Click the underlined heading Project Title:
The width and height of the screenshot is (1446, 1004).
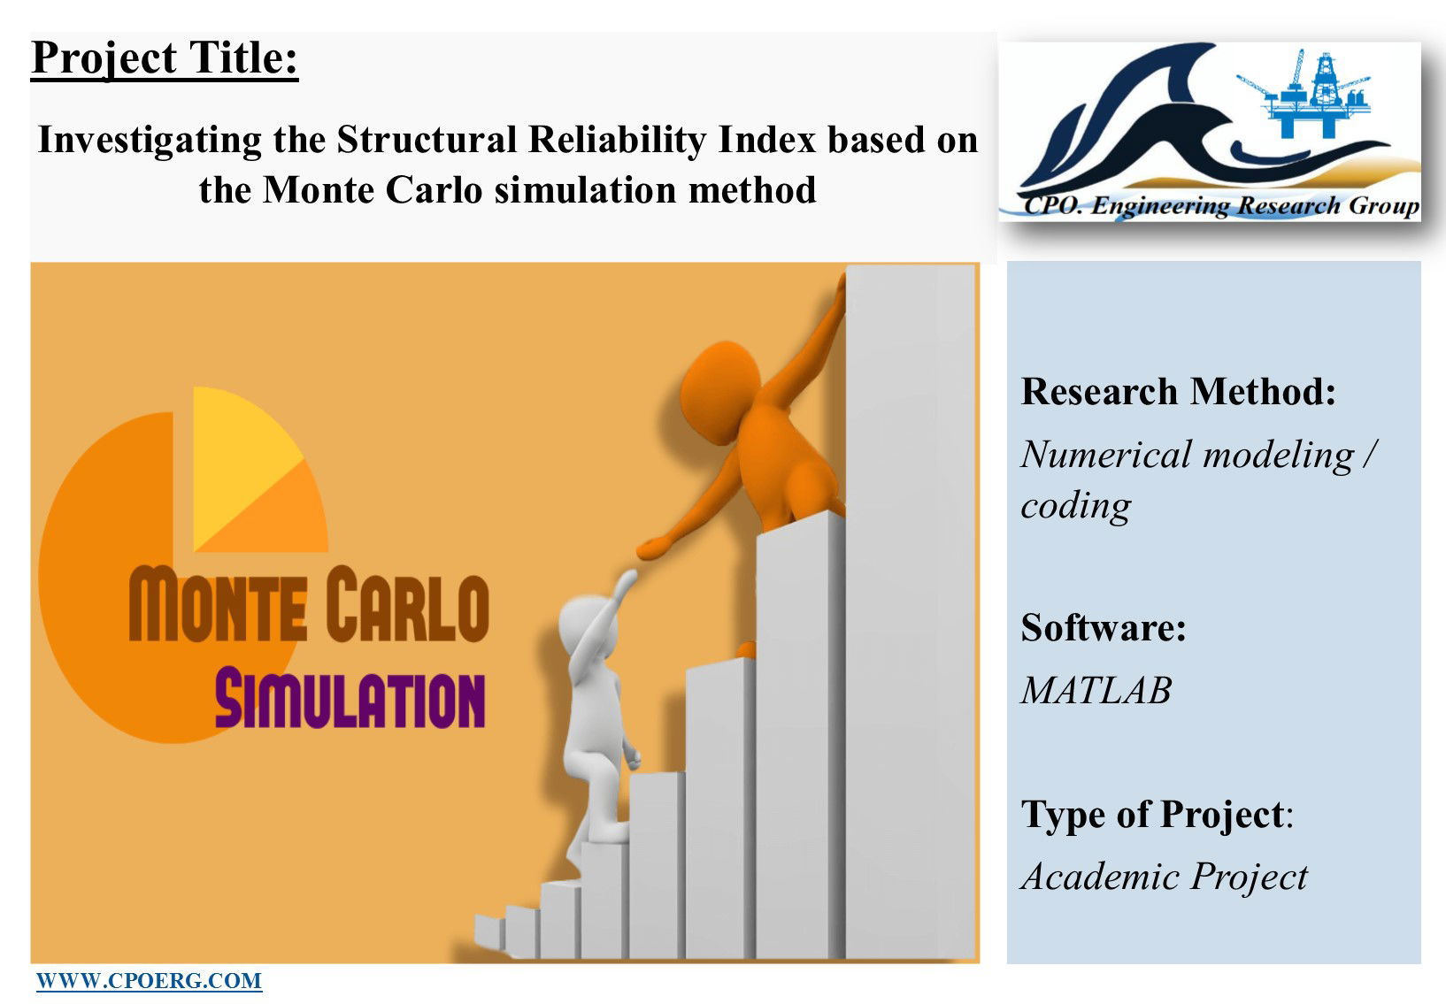coord(165,59)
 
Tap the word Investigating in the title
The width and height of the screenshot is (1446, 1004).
coord(150,141)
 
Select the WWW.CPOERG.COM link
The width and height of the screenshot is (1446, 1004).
coord(150,980)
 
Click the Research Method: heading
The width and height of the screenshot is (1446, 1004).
coord(1178,391)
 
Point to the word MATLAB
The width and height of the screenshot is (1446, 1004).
coord(1096,690)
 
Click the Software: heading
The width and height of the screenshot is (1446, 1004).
coord(1104,627)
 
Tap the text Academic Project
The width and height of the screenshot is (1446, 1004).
coord(1165,877)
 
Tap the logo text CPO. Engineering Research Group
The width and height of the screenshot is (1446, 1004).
coord(1220,205)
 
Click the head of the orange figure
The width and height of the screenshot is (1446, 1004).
coord(719,392)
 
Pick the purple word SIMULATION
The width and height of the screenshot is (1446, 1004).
coord(350,700)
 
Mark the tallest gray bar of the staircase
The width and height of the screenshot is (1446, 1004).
coord(911,612)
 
